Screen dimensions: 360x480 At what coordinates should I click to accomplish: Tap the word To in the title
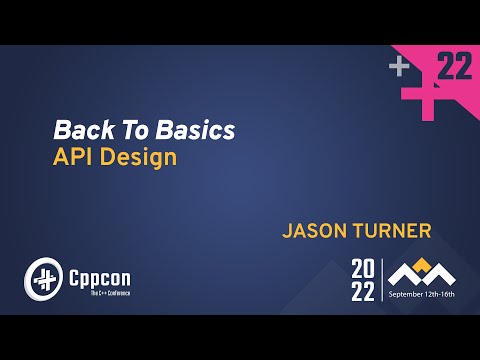(124, 130)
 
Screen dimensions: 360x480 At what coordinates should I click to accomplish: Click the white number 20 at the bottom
(363, 269)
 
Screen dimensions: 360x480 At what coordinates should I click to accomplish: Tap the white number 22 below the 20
(363, 291)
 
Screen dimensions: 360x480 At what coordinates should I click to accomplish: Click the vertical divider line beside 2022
(382, 280)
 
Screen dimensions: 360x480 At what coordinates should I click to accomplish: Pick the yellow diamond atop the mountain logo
(422, 264)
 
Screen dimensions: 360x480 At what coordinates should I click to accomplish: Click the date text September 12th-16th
(422, 296)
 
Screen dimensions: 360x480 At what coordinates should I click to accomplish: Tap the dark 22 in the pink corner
(455, 68)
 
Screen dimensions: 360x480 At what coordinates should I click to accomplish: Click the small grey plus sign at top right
(400, 67)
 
